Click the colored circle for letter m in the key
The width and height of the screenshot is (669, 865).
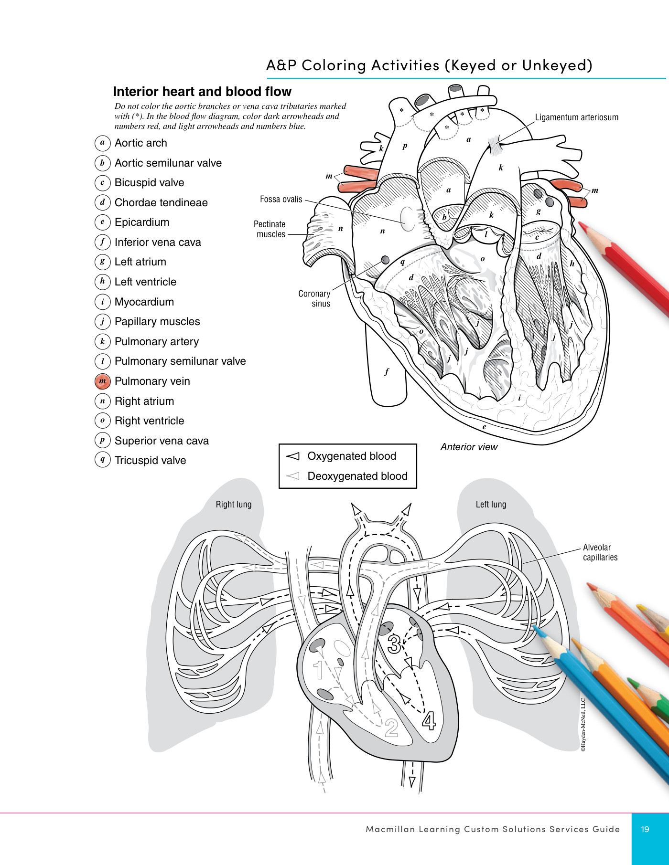tap(102, 381)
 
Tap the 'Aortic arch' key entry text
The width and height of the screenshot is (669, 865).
tap(141, 143)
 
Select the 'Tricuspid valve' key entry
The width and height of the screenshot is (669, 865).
tap(151, 461)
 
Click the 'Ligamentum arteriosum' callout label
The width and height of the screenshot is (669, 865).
tap(577, 117)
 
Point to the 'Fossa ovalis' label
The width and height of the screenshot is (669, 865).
tap(281, 199)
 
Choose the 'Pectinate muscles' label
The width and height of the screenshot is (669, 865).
tap(270, 229)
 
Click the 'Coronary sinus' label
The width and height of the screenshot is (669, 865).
tap(314, 298)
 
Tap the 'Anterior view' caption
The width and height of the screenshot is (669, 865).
tap(469, 447)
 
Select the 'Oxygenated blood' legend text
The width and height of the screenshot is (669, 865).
tap(352, 456)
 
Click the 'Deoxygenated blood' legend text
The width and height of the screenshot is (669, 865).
tap(357, 476)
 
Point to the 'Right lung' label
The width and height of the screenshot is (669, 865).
tap(234, 505)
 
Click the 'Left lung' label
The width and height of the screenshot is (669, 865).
tap(491, 505)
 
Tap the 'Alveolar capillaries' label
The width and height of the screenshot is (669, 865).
tap(600, 552)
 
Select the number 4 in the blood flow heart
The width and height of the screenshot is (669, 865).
tap(429, 721)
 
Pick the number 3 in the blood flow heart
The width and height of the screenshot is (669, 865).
tap(394, 644)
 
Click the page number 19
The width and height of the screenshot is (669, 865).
tap(645, 829)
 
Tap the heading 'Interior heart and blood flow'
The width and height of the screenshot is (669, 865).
tap(202, 92)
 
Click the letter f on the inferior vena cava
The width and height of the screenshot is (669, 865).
tap(387, 372)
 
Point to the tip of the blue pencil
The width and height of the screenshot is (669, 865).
tap(533, 627)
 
